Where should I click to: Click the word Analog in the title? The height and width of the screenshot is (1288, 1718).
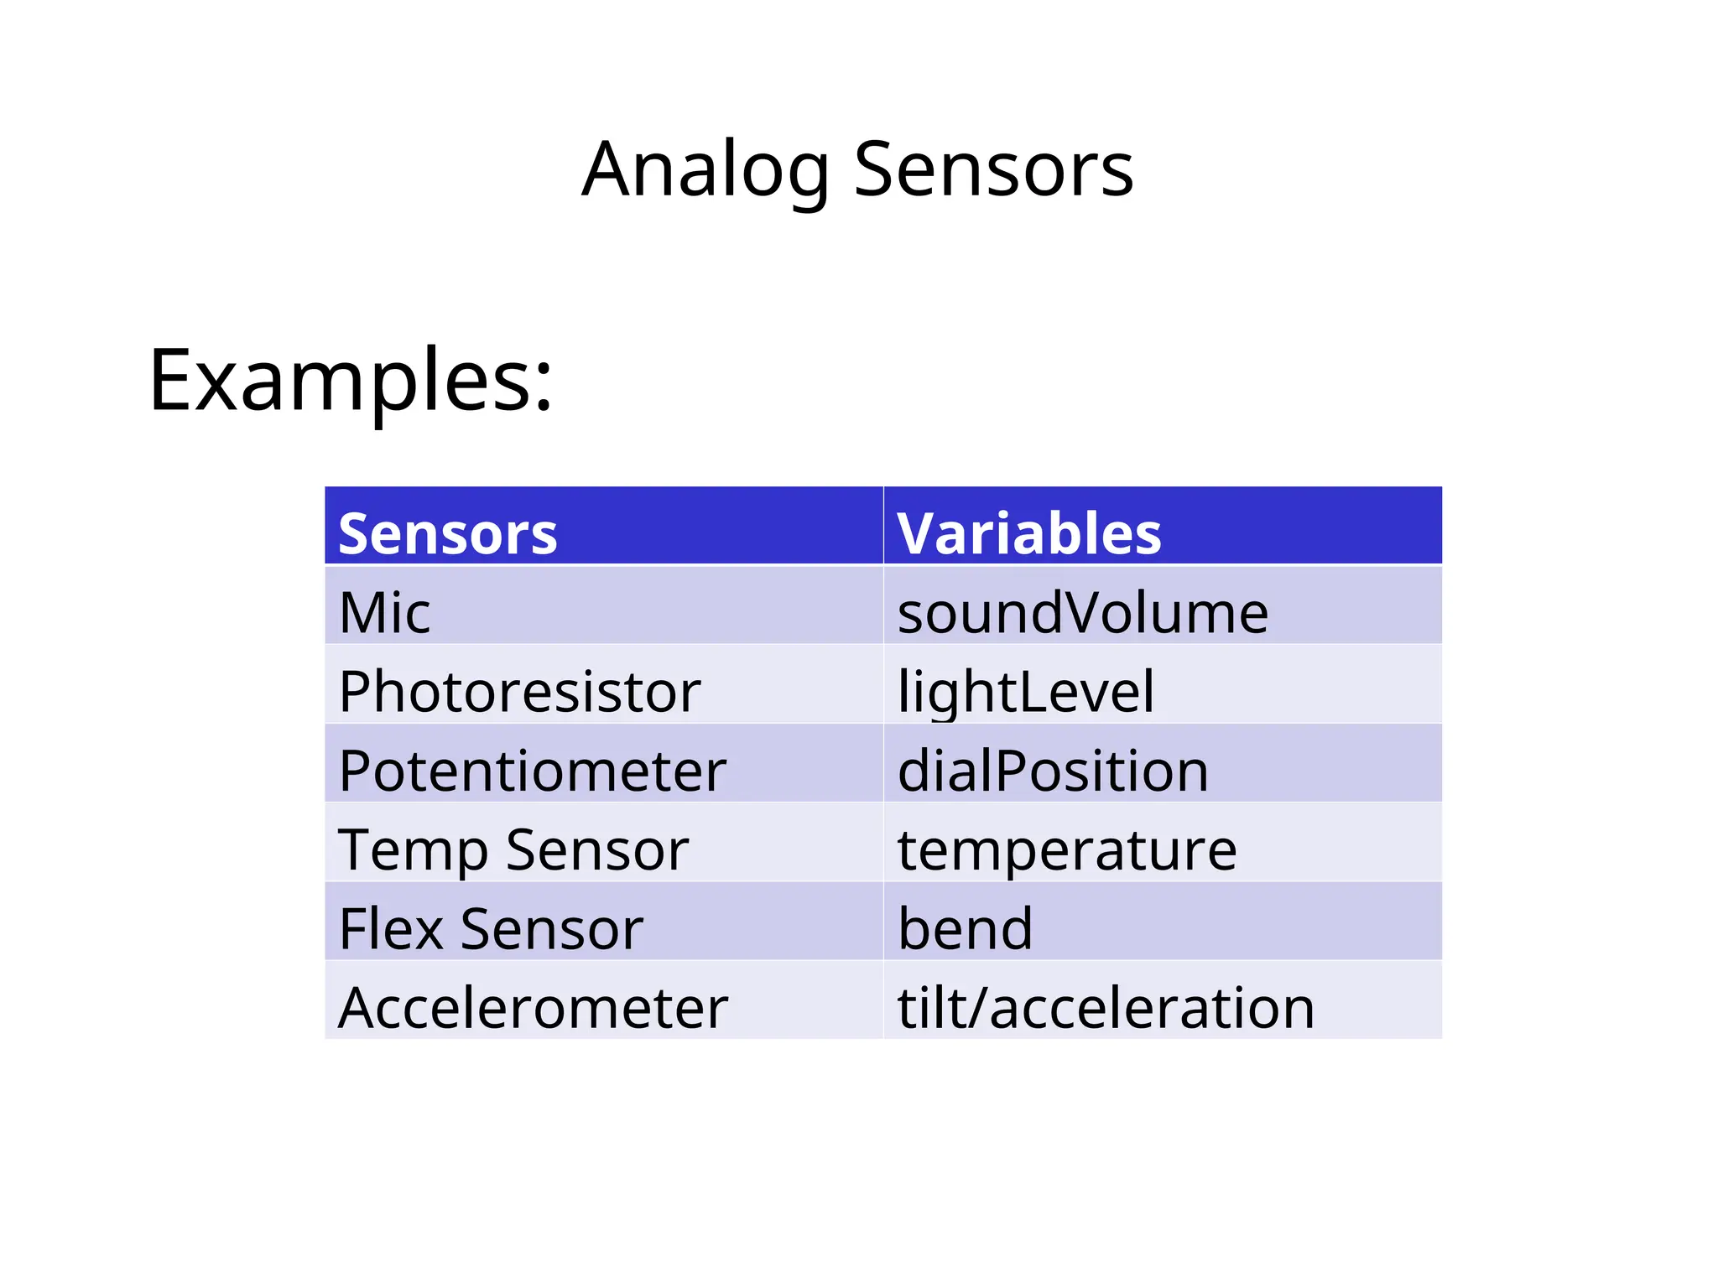(x=705, y=171)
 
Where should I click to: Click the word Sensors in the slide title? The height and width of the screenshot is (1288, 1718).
(x=993, y=171)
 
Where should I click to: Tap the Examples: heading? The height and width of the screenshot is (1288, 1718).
(x=351, y=382)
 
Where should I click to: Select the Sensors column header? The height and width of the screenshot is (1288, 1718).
(x=447, y=533)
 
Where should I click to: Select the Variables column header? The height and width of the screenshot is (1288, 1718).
(x=1028, y=533)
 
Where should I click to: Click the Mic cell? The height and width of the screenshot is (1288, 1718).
(x=384, y=612)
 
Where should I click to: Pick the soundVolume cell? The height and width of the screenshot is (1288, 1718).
(x=1082, y=612)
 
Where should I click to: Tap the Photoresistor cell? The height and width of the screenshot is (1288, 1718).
(x=519, y=691)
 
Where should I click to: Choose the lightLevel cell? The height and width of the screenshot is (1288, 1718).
(x=1025, y=691)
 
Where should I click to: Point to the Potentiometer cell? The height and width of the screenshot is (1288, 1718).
(x=532, y=770)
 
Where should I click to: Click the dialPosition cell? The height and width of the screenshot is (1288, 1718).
(x=1053, y=770)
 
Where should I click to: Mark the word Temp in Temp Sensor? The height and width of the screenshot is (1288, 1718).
(x=412, y=849)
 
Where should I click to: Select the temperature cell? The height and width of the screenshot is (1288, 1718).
(x=1066, y=849)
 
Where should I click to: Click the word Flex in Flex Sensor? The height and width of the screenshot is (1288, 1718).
(x=390, y=928)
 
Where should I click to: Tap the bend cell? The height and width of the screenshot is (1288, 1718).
(x=965, y=928)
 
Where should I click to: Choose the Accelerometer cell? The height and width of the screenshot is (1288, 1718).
(x=533, y=1007)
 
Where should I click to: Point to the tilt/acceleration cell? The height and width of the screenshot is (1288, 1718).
(x=1106, y=1007)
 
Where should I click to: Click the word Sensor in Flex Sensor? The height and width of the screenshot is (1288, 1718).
(x=551, y=928)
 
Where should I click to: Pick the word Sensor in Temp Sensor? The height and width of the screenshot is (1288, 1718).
(x=597, y=849)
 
